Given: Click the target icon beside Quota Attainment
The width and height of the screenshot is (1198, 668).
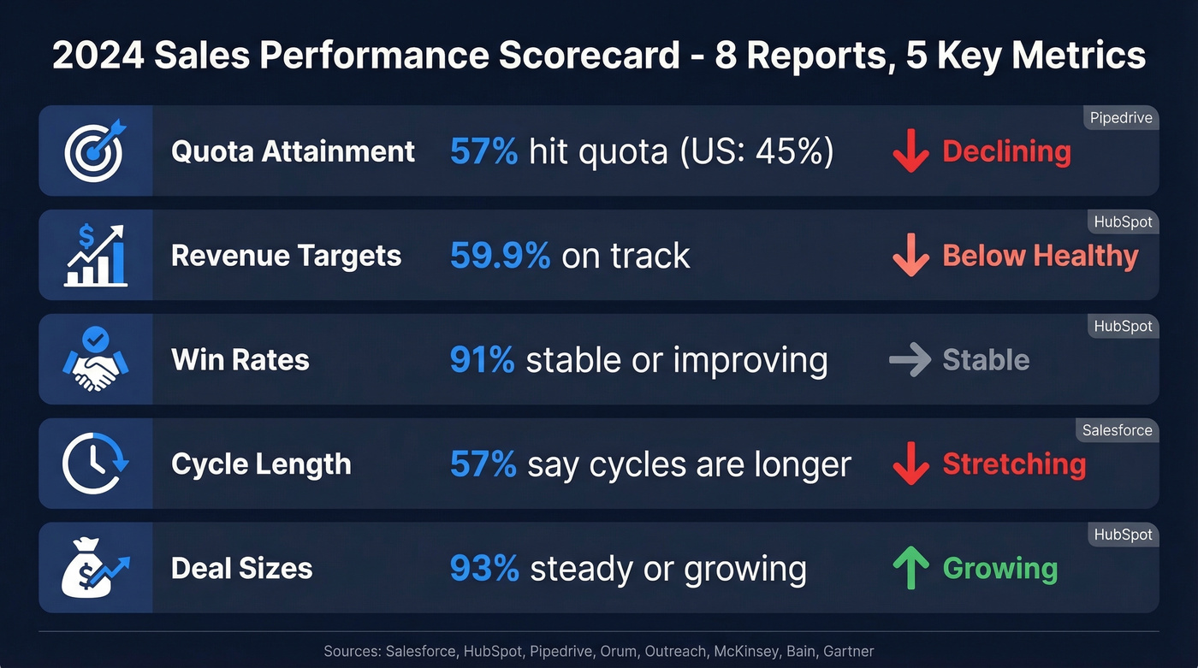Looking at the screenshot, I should pos(95,151).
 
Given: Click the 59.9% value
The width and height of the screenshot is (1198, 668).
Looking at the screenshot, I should pos(500,256).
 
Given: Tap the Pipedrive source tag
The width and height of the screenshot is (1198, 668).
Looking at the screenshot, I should pos(1121,118).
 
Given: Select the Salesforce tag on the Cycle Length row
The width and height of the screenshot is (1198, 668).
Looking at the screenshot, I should pos(1117,430).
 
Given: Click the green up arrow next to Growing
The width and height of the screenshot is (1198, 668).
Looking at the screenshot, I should pos(910,569).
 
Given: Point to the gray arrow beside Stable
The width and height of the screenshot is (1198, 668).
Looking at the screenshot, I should pos(910,360).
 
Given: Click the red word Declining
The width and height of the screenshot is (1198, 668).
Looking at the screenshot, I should pos(1006,151).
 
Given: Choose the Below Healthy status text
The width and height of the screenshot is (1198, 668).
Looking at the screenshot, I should pos(1040,256).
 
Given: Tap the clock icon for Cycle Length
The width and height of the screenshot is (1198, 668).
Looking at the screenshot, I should pos(95,464).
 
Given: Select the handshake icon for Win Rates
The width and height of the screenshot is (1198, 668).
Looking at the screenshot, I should pos(95,360).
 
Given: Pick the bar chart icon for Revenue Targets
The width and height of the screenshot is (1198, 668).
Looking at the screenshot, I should pos(95,256).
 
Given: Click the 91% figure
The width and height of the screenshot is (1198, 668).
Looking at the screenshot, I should pos(482,360).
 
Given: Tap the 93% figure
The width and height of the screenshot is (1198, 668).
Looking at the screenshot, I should pos(484,569).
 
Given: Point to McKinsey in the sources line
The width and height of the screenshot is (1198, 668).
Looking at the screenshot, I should pos(744,651).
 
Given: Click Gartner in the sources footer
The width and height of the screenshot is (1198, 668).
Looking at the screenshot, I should pos(848,651).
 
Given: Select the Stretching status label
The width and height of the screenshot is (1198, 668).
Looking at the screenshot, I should pos(1014,464).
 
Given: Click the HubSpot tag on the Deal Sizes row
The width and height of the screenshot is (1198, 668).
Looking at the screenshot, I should pos(1123,535).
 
